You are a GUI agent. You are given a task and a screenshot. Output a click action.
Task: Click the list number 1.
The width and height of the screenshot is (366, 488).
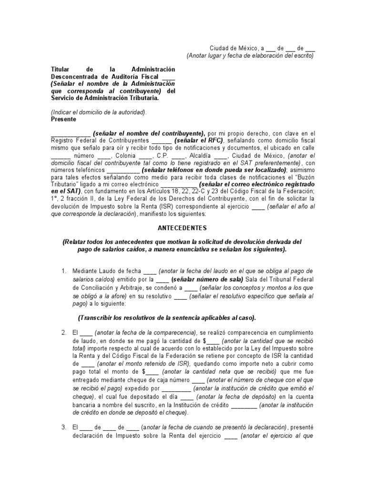pyautogui.click(x=63, y=271)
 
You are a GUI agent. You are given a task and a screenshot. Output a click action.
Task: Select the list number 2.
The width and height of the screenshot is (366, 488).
pyautogui.click(x=63, y=332)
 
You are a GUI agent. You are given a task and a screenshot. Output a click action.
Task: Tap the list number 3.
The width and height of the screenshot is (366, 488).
pyautogui.click(x=63, y=427)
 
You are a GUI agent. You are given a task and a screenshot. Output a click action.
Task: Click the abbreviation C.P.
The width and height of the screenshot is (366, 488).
pyautogui.click(x=163, y=155)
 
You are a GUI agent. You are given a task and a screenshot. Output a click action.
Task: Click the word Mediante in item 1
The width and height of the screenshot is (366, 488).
pyautogui.click(x=85, y=271)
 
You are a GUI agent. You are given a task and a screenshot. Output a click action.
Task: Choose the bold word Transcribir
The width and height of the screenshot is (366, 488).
pyautogui.click(x=101, y=318)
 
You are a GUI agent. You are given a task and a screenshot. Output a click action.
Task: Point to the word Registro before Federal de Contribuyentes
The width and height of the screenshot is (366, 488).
pyautogui.click(x=62, y=141)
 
